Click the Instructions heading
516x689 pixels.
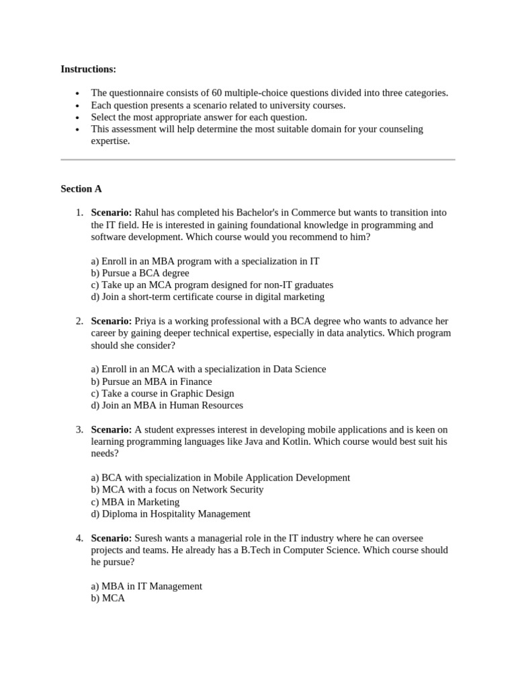click(88, 69)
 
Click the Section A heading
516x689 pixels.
click(81, 189)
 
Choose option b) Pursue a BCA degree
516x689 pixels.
click(140, 273)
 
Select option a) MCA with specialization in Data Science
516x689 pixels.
click(208, 369)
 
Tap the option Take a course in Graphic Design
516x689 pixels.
click(163, 393)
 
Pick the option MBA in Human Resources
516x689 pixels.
click(167, 405)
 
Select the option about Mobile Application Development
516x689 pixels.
click(220, 478)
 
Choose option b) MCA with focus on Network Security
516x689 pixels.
click(177, 490)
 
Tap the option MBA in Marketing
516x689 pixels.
click(135, 502)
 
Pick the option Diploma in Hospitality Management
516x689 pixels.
click(171, 514)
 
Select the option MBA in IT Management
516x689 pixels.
click(146, 586)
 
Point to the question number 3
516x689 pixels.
click(79, 429)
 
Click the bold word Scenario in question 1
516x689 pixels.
click(112, 213)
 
